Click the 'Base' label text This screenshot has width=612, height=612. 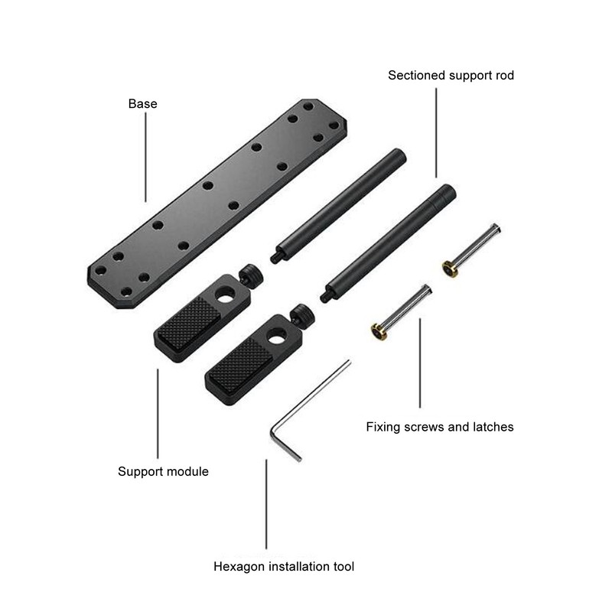[x=142, y=103]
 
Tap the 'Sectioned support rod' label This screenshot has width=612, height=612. [x=451, y=75]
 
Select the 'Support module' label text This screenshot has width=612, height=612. [x=163, y=471]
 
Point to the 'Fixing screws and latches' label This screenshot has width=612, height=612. [x=440, y=426]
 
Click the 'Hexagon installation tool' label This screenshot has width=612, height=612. [x=284, y=567]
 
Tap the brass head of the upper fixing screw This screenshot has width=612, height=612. [x=449, y=269]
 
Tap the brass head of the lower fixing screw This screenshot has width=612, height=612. [x=379, y=331]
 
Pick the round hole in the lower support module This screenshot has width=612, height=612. [x=276, y=335]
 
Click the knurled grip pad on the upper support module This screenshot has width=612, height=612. [x=187, y=319]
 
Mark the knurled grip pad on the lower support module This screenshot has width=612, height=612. [x=239, y=365]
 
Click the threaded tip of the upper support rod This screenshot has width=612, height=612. [x=275, y=258]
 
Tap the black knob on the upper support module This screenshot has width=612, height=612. [x=249, y=274]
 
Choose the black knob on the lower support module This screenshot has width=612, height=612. [x=301, y=314]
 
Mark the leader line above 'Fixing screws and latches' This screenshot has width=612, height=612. [x=419, y=363]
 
